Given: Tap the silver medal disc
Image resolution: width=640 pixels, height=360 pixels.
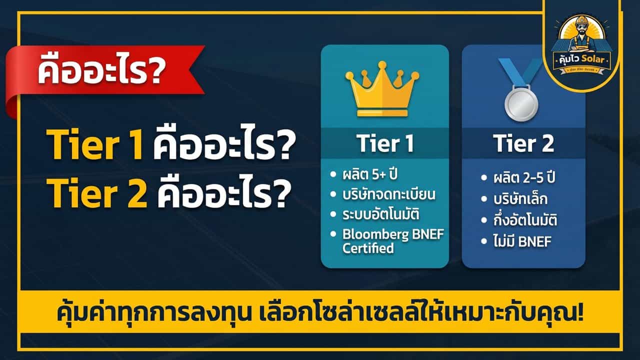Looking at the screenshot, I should coord(521,101).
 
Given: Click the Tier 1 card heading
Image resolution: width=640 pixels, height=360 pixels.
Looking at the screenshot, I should coord(385,144).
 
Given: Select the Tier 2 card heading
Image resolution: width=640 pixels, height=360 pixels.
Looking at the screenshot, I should coord(523,144).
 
